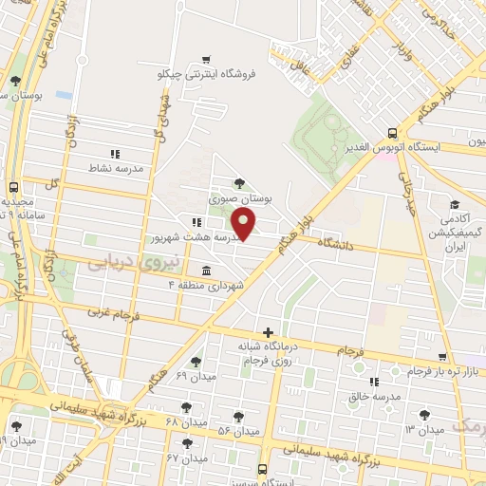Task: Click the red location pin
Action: click(245, 225)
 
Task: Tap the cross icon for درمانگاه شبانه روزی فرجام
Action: click(270, 332)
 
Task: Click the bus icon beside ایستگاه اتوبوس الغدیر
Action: click(393, 134)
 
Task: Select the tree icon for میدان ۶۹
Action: click(196, 361)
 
